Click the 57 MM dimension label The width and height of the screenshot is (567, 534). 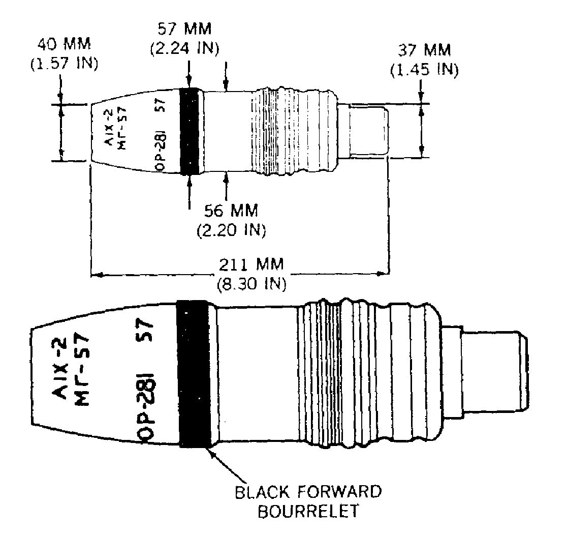pyautogui.click(x=185, y=29)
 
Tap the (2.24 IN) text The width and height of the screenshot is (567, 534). pyautogui.click(x=185, y=48)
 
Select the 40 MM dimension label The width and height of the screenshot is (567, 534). pyautogui.click(x=65, y=44)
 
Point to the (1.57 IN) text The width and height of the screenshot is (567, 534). pyautogui.click(x=65, y=64)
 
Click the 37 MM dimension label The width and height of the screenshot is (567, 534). pyautogui.click(x=425, y=50)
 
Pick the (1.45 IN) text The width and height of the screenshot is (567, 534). pyautogui.click(x=425, y=69)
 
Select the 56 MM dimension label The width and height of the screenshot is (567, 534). pyautogui.click(x=232, y=211)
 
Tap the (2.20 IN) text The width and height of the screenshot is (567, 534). pyautogui.click(x=232, y=230)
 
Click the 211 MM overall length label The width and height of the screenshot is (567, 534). pyautogui.click(x=251, y=264)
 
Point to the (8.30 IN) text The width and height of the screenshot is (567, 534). pyautogui.click(x=251, y=283)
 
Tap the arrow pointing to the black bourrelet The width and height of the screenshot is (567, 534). pyautogui.click(x=227, y=465)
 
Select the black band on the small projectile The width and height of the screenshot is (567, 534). pyautogui.click(x=190, y=131)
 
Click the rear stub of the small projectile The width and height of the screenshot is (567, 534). pyautogui.click(x=363, y=131)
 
